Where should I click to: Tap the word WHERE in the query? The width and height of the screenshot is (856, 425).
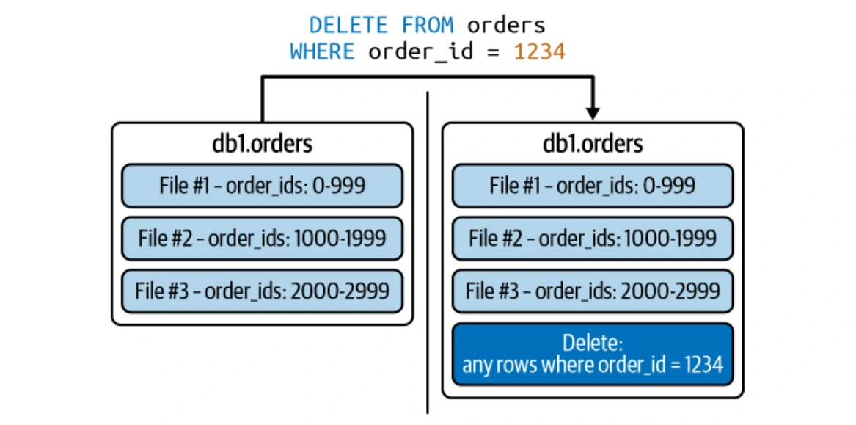(x=322, y=51)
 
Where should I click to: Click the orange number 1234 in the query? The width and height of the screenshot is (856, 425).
(x=539, y=51)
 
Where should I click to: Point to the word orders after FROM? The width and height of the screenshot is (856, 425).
(x=506, y=25)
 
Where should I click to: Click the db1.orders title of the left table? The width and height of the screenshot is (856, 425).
(x=262, y=143)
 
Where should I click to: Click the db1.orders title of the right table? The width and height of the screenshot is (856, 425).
(x=593, y=143)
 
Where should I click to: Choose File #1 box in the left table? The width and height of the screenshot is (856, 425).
(x=262, y=186)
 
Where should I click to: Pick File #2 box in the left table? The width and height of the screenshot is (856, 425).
(x=262, y=239)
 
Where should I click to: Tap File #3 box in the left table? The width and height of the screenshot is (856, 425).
(x=262, y=291)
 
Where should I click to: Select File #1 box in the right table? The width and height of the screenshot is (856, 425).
(x=593, y=186)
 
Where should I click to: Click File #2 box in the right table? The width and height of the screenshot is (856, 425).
(x=593, y=239)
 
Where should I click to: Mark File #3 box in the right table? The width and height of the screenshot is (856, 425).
(x=593, y=291)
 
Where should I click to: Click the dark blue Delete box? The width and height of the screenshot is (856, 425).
(x=593, y=354)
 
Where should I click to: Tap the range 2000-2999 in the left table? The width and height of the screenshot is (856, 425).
(x=340, y=291)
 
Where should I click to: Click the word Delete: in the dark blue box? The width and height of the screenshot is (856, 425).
(x=593, y=343)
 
